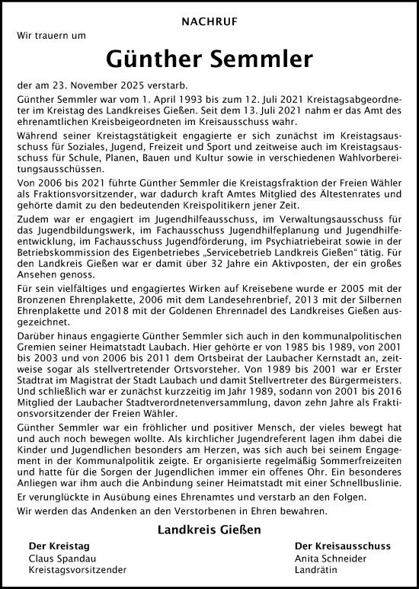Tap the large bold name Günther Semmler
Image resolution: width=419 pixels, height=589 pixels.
209,59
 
